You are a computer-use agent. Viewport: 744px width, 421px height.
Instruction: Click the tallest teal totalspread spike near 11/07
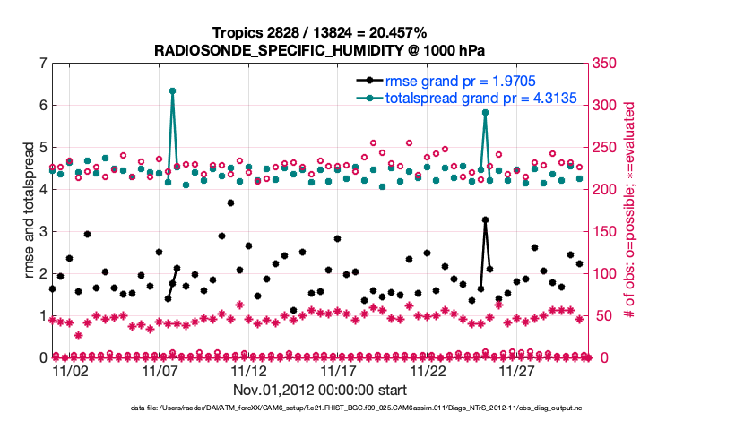(x=172, y=90)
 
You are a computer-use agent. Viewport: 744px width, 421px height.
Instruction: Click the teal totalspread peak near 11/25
(x=485, y=112)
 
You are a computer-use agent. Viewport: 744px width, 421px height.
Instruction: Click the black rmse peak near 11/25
(x=485, y=219)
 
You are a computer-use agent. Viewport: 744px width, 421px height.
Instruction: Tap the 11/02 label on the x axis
(x=70, y=370)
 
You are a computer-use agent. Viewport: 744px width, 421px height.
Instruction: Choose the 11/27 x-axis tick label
(x=517, y=370)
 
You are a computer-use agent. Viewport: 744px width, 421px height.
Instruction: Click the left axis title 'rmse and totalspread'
(x=28, y=210)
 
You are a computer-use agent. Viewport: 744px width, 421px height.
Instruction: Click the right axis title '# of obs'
(x=630, y=210)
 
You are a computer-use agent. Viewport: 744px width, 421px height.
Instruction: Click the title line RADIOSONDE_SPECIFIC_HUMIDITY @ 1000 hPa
(x=320, y=49)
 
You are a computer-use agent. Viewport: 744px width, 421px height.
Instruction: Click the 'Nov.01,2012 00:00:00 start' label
(x=320, y=390)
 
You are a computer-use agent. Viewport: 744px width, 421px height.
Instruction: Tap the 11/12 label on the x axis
(x=249, y=370)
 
